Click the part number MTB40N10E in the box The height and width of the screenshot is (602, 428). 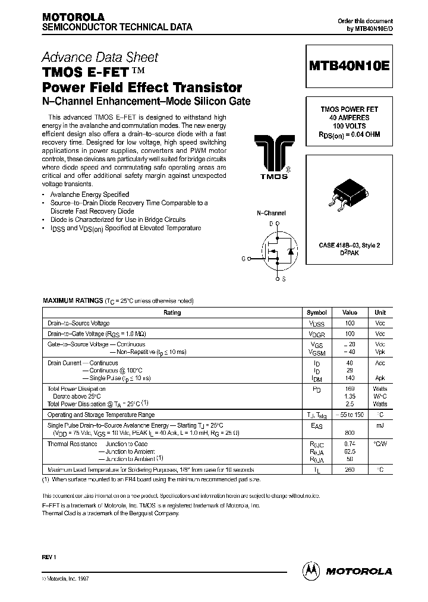[x=349, y=67]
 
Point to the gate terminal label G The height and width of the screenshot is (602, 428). [x=243, y=258]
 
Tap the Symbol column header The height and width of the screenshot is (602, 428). [x=316, y=312]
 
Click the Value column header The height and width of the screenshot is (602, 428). [x=350, y=312]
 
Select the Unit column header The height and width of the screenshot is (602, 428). [x=380, y=312]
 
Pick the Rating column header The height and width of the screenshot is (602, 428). [x=172, y=312]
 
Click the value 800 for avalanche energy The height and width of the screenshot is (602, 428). [x=350, y=433]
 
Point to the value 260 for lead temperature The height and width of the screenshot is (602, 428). [x=350, y=470]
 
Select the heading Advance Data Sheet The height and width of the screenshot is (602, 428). [x=100, y=58]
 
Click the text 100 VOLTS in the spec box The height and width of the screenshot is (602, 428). [x=350, y=126]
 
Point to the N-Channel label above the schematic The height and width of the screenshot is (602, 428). [x=271, y=213]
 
